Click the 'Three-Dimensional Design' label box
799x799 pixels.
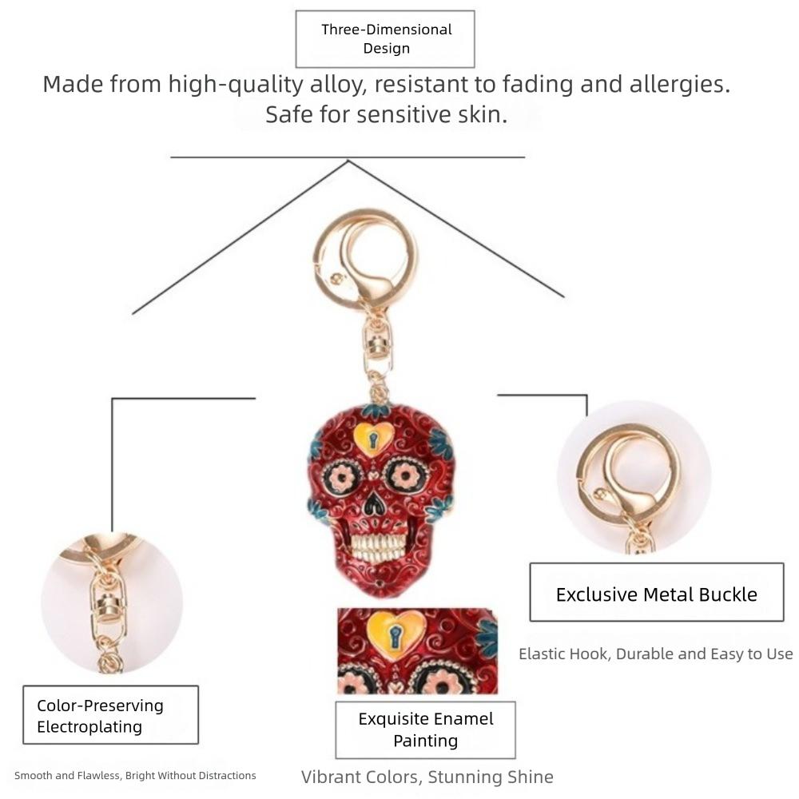point(385,39)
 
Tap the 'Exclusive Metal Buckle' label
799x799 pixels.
point(656,592)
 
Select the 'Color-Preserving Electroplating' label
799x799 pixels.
point(110,715)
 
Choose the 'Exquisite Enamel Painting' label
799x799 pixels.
point(426,729)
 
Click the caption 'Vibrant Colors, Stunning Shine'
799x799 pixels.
point(427,777)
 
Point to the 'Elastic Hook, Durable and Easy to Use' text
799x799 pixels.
point(656,654)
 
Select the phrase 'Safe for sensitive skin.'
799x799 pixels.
point(386,114)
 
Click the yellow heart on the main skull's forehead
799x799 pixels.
point(373,438)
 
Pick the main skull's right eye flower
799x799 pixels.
point(406,476)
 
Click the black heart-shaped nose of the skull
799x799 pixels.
point(375,503)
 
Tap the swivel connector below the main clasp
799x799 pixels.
point(378,347)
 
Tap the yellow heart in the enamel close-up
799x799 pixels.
point(396,635)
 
